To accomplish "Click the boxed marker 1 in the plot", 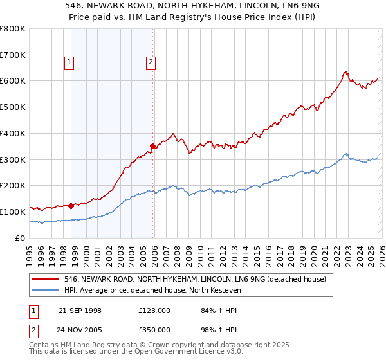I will [x=69, y=62].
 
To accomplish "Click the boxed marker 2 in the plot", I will [x=151, y=62].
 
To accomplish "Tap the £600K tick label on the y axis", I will [x=13, y=81].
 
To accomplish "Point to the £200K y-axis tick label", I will [x=13, y=185].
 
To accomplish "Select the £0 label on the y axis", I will [x=21, y=238].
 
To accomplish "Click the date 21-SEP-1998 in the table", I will [x=80, y=310].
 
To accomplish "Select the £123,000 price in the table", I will [x=154, y=310].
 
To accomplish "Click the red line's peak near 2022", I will [x=345, y=72].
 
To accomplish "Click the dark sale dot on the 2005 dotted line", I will [x=152, y=146].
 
